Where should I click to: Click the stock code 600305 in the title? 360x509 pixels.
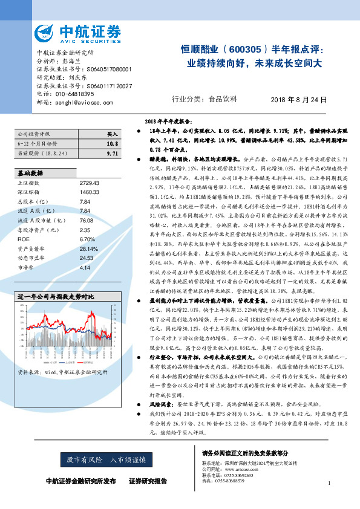(x=247, y=50)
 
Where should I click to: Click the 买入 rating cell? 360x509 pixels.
(x=112, y=134)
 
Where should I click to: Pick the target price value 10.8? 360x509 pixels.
(x=111, y=144)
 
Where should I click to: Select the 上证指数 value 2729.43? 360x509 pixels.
(x=89, y=183)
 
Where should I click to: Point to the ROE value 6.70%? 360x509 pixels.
(x=88, y=239)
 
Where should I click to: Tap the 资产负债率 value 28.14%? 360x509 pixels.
(x=89, y=248)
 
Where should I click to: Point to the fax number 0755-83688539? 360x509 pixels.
(x=238, y=481)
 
